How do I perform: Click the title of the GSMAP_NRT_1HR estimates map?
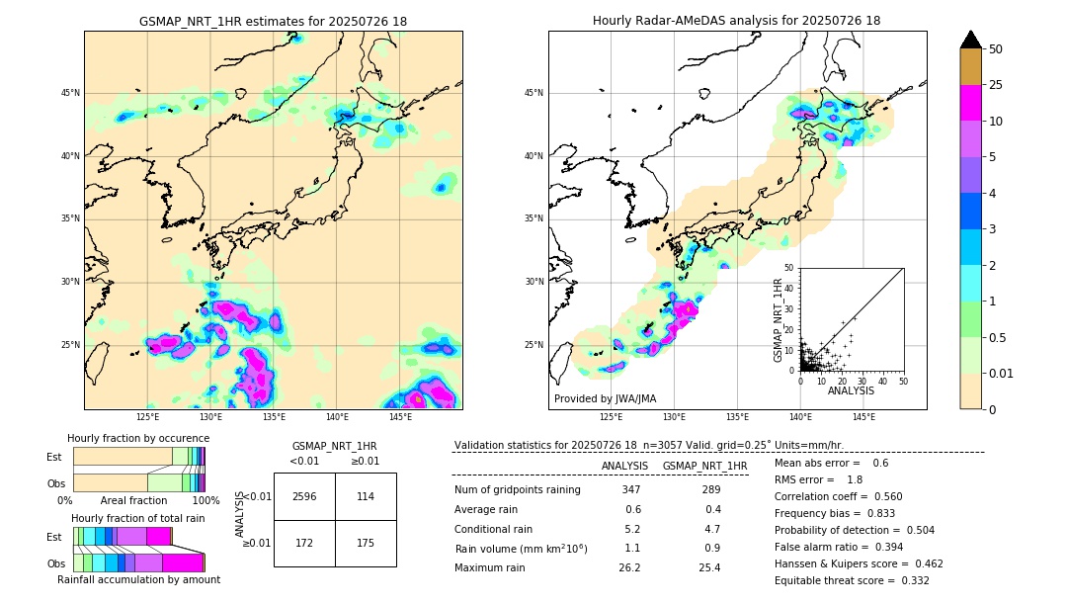point(273,21)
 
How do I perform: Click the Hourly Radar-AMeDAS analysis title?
point(736,21)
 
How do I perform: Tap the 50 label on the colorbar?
point(996,49)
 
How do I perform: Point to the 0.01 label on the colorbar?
point(1002,374)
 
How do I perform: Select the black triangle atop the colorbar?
point(971,40)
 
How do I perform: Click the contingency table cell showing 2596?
point(304,496)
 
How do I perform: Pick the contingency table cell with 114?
point(366,496)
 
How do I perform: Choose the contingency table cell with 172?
point(304,544)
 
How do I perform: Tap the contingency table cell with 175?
point(366,544)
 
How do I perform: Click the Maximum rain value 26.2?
point(629,567)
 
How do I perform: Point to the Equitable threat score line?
point(852,580)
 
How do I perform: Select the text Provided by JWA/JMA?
point(605,398)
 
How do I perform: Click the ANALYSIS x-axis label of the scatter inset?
point(851,390)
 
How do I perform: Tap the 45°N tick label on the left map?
point(70,93)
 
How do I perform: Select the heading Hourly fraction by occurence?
point(138,438)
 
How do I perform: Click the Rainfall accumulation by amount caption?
point(138,579)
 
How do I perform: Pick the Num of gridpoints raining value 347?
point(631,489)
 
